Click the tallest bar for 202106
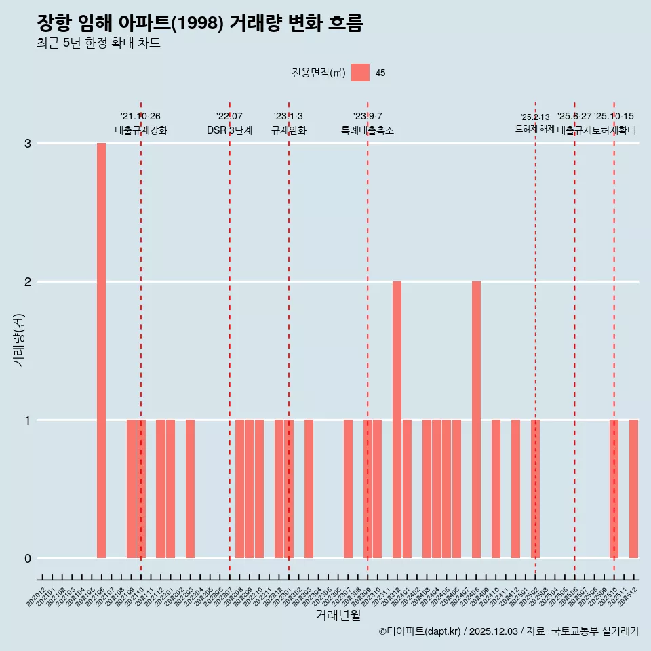tap(101, 351)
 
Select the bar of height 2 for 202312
tap(397, 420)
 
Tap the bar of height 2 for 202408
tap(476, 420)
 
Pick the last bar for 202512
tap(633, 489)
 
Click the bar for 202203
tap(190, 489)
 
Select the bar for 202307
tap(348, 489)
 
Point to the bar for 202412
tap(515, 489)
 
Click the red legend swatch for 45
tap(361, 73)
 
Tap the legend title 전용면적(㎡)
tap(318, 73)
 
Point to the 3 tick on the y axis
tap(28, 144)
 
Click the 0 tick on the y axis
tap(28, 558)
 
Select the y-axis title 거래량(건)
tap(18, 339)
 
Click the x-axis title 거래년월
tap(338, 615)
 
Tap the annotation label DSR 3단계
tap(229, 130)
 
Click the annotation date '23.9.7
tap(367, 117)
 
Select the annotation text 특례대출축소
tap(367, 130)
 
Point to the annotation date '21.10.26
tap(140, 117)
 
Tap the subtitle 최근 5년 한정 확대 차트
tap(98, 43)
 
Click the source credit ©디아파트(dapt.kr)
tap(420, 631)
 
